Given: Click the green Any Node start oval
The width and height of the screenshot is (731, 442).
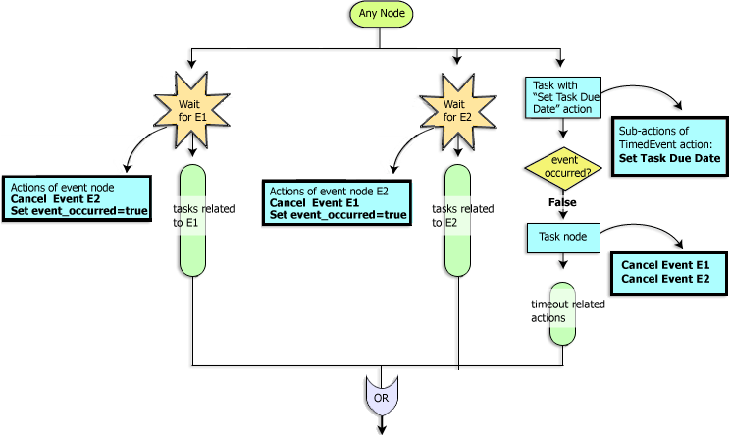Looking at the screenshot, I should (380, 15).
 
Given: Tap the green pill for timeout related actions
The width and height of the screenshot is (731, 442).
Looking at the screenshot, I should (562, 313).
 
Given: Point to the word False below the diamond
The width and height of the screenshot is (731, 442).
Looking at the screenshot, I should (561, 202).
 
